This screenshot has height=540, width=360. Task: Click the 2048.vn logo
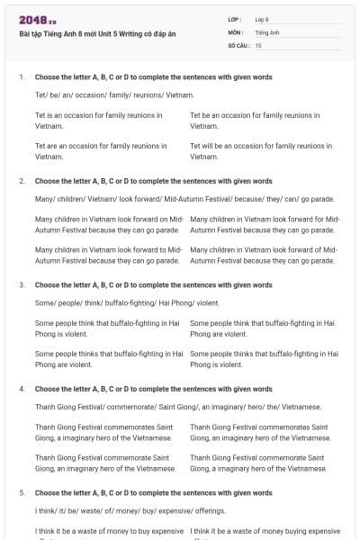click(x=38, y=21)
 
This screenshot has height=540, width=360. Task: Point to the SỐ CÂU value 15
click(x=258, y=44)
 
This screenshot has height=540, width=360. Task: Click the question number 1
click(x=22, y=77)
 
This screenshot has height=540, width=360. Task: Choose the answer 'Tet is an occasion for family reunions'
click(x=99, y=121)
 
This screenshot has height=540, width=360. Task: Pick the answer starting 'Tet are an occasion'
click(x=101, y=150)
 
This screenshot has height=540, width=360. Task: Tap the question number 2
click(x=22, y=181)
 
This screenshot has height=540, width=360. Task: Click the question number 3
click(x=22, y=284)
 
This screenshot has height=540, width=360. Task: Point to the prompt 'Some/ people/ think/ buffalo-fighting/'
click(x=127, y=302)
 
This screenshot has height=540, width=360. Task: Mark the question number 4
click(x=22, y=389)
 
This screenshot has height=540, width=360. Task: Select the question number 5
click(x=22, y=493)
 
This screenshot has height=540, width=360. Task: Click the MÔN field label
click(x=236, y=31)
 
